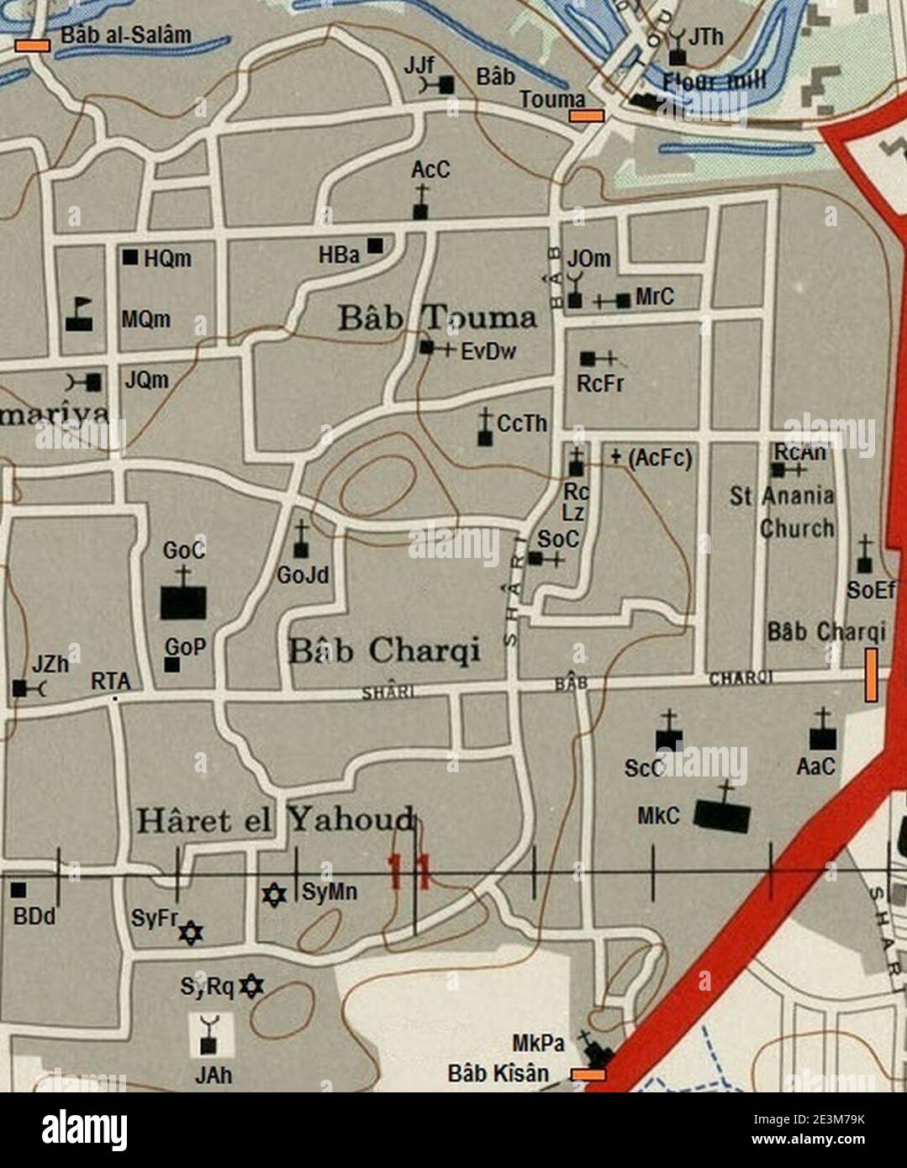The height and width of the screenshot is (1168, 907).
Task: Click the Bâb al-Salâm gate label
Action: (x=126, y=36)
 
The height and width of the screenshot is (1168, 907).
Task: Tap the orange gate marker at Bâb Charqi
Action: (x=872, y=674)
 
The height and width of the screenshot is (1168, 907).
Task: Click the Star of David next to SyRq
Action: (x=250, y=986)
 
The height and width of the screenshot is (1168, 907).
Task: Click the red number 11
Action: (x=409, y=871)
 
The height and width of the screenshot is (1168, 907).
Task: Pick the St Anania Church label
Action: (x=783, y=512)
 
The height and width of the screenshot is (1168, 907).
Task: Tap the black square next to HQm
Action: (x=130, y=257)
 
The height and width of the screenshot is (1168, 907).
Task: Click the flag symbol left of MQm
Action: (x=80, y=314)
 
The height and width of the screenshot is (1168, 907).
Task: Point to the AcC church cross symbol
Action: (x=420, y=203)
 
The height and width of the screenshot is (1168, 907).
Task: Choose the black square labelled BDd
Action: (x=18, y=890)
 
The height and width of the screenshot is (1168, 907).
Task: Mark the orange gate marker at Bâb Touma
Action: (x=586, y=115)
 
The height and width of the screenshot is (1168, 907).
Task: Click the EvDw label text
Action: (x=488, y=352)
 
